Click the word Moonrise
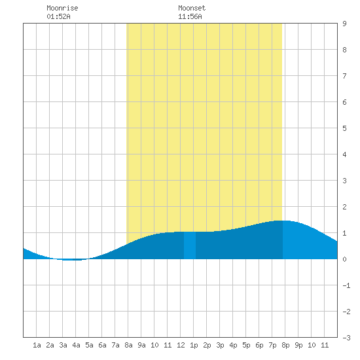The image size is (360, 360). pyautogui.click(x=62, y=8)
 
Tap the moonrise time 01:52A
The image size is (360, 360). pyautogui.click(x=58, y=16)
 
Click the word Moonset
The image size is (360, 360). pyautogui.click(x=192, y=8)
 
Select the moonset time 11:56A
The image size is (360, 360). pyautogui.click(x=190, y=16)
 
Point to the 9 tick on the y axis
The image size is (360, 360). pyautogui.click(x=344, y=24)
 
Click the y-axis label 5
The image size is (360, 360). pyautogui.click(x=344, y=128)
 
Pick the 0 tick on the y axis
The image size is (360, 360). pyautogui.click(x=344, y=259)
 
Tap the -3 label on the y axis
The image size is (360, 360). pyautogui.click(x=346, y=338)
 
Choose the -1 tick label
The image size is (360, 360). pyautogui.click(x=346, y=285)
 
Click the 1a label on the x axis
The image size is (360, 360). pyautogui.click(x=37, y=345)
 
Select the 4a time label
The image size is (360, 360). pyautogui.click(x=76, y=345)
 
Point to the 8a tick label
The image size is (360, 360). pyautogui.click(x=128, y=345)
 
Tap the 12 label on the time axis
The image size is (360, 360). pyautogui.click(x=181, y=345)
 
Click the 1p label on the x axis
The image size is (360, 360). pyautogui.click(x=194, y=345)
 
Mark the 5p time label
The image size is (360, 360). pyautogui.click(x=246, y=345)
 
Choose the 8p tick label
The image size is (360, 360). pyautogui.click(x=285, y=345)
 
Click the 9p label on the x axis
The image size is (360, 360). pyautogui.click(x=298, y=345)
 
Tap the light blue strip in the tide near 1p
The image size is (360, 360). pyautogui.click(x=190, y=245)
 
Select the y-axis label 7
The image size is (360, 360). pyautogui.click(x=344, y=76)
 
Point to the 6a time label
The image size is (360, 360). pyautogui.click(x=102, y=345)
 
